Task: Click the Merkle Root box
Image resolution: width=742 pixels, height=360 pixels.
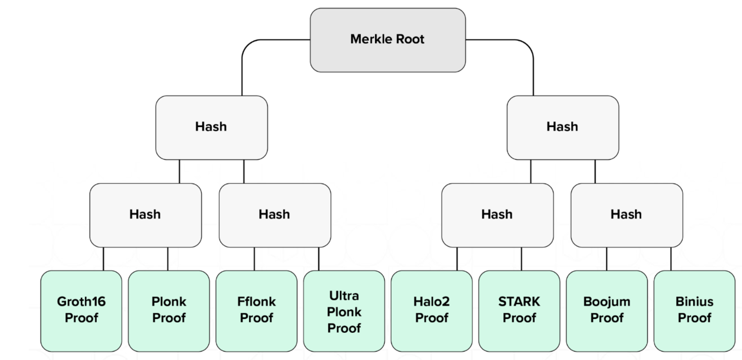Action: click(x=388, y=40)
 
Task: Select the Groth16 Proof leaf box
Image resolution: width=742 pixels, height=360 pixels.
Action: click(x=81, y=310)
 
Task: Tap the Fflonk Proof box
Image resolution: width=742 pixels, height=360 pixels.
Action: click(x=256, y=310)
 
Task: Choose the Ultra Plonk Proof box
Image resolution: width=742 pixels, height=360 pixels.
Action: click(x=344, y=311)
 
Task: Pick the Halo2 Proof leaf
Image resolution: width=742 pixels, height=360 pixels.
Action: click(x=432, y=310)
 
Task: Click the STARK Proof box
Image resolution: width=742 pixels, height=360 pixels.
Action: click(x=519, y=310)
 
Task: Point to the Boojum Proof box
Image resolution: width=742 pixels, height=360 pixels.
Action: click(x=607, y=310)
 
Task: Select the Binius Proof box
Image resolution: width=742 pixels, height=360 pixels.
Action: click(x=694, y=310)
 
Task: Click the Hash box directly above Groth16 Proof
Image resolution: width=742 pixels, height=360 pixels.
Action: click(x=145, y=215)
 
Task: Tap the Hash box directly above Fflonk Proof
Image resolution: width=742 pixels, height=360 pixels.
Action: click(x=275, y=215)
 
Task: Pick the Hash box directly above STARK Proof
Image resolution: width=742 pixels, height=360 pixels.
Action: click(x=497, y=215)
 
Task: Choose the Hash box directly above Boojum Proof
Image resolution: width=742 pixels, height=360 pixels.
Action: click(x=627, y=215)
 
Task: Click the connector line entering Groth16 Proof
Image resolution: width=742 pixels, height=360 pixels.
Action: click(x=103, y=259)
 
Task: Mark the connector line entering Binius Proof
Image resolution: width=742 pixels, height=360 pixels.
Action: click(x=671, y=259)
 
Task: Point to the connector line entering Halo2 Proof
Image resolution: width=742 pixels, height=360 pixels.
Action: click(x=457, y=259)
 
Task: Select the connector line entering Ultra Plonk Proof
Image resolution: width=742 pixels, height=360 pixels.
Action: click(x=319, y=259)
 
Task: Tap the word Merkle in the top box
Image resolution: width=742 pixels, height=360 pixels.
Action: click(x=369, y=39)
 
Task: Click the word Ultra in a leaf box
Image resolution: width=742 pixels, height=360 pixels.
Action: click(x=344, y=295)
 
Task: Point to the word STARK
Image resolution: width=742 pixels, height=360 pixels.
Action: click(x=519, y=301)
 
